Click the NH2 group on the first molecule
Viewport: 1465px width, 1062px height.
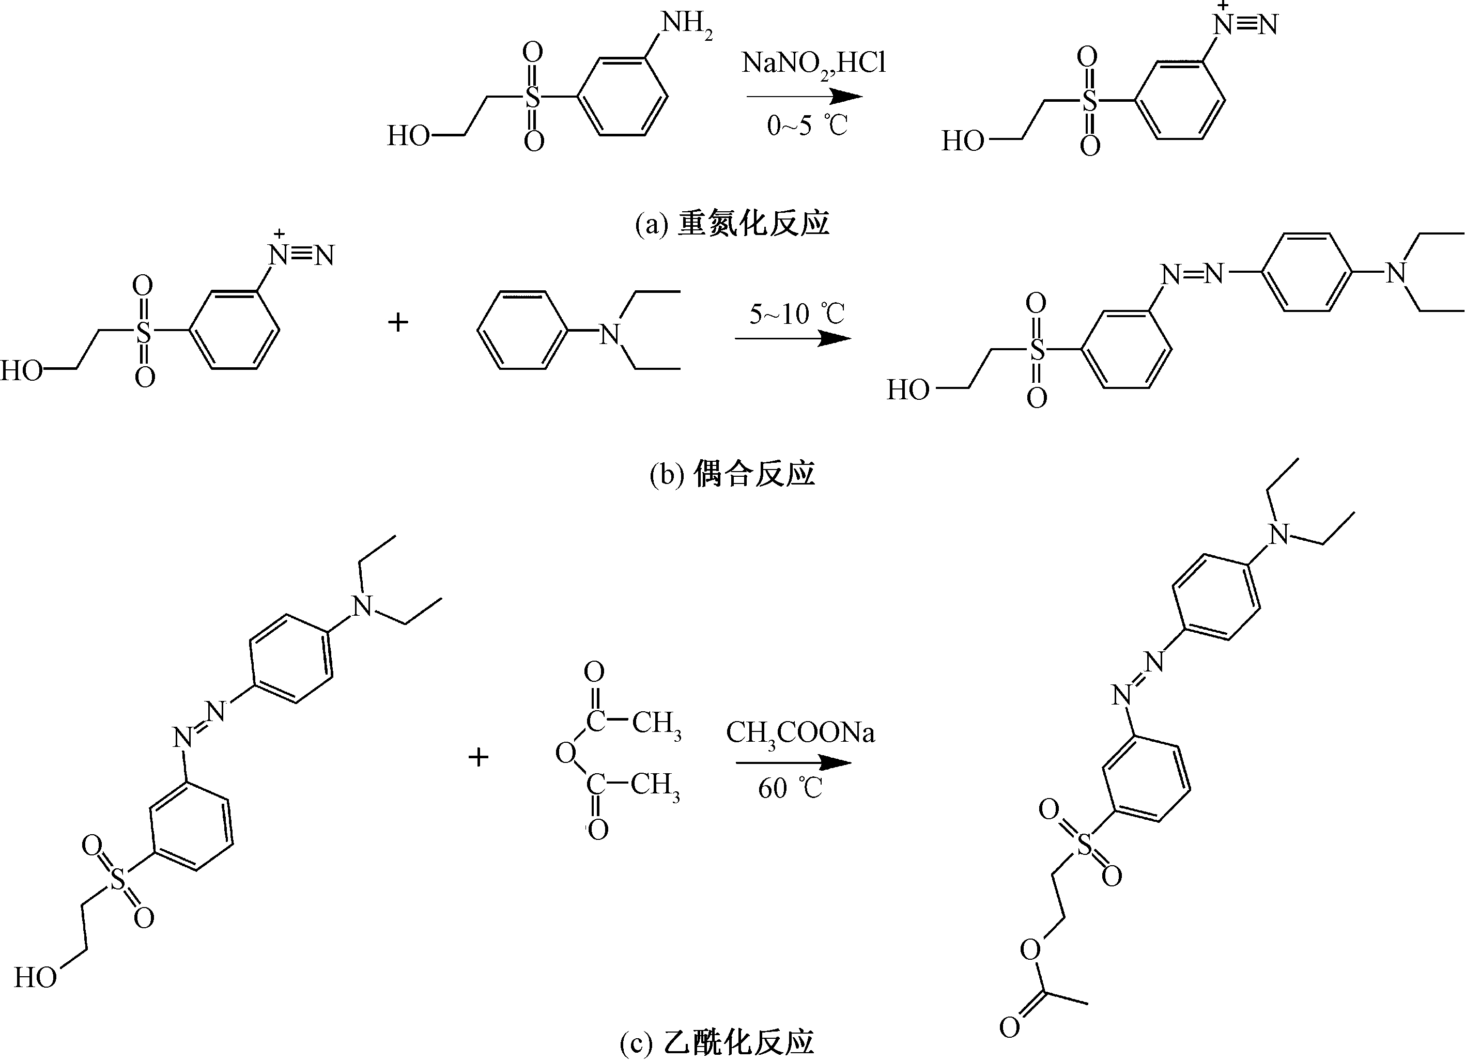tap(686, 24)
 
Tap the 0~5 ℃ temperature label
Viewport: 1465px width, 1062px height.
tap(806, 125)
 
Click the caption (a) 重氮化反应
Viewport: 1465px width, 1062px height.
tap(732, 223)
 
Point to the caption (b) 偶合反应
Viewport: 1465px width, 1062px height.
tap(732, 474)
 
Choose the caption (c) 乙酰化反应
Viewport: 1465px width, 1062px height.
tap(717, 1041)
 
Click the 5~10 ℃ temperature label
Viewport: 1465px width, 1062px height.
tap(796, 315)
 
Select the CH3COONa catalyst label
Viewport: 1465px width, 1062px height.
tap(800, 733)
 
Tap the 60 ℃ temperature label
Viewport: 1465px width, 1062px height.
tap(790, 788)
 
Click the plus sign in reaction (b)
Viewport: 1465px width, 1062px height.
tap(398, 321)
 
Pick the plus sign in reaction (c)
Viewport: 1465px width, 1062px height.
tap(478, 757)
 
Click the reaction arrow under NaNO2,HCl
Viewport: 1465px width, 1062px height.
tap(804, 97)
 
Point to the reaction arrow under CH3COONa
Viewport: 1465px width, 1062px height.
tap(793, 763)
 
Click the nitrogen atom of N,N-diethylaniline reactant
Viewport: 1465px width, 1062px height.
tap(609, 334)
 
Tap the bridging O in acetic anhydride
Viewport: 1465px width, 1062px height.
tap(565, 753)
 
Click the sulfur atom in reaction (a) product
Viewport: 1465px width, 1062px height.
tap(1090, 101)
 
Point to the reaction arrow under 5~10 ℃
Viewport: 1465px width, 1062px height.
tap(793, 338)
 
